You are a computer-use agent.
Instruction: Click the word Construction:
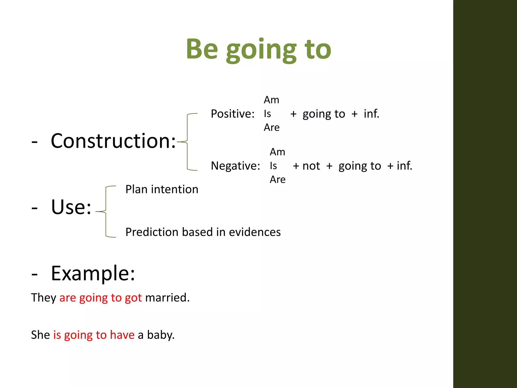(x=113, y=141)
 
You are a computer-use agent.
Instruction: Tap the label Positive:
(x=232, y=114)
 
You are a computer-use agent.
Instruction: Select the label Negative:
(x=235, y=166)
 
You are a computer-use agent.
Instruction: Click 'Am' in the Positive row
(x=271, y=100)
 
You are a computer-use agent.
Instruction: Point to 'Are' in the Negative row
(x=277, y=180)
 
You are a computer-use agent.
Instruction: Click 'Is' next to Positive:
(x=267, y=114)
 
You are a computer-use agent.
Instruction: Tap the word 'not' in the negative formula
(x=311, y=166)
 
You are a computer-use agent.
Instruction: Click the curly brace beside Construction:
(x=187, y=142)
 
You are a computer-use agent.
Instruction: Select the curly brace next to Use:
(x=106, y=212)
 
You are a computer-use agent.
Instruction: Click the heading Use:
(x=71, y=207)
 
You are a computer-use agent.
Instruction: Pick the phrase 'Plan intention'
(x=162, y=189)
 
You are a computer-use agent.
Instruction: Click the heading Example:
(x=93, y=273)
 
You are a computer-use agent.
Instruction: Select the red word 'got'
(x=133, y=298)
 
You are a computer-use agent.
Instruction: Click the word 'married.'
(x=167, y=298)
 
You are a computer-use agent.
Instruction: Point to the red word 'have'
(x=122, y=335)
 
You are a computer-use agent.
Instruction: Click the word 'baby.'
(x=161, y=335)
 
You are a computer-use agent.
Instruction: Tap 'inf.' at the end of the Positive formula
(x=371, y=114)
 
